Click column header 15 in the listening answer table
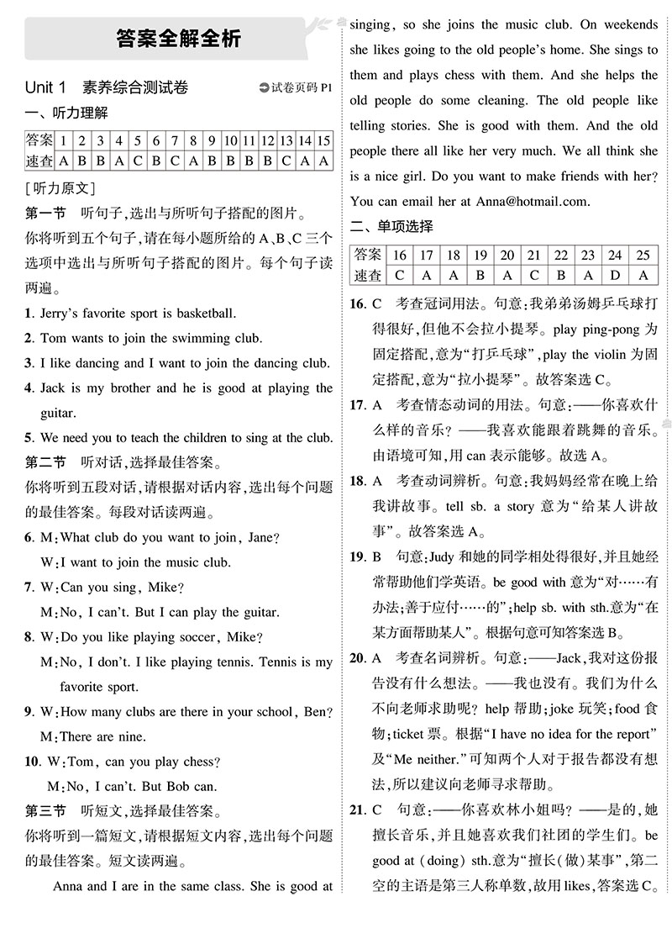coord(323,140)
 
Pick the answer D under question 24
coord(616,275)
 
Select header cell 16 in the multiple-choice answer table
coord(399,255)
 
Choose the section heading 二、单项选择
coord(391,226)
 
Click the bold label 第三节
coord(45,811)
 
